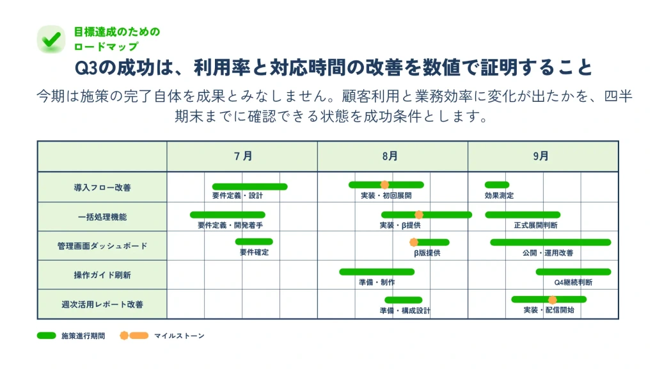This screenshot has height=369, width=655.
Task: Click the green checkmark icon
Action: (x=51, y=39)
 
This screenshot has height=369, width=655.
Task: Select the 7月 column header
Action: (x=242, y=156)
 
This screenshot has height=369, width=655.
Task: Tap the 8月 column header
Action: (x=390, y=156)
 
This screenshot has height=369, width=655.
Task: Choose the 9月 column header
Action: (x=541, y=156)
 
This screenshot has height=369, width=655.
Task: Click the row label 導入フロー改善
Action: (x=102, y=188)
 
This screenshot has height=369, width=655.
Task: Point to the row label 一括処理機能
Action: (x=102, y=217)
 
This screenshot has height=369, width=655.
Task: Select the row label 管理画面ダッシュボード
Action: (x=102, y=246)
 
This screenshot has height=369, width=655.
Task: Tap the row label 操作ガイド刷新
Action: (x=102, y=275)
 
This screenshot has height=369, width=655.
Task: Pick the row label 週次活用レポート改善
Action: (x=102, y=304)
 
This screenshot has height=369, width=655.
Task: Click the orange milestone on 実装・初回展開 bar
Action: (x=384, y=184)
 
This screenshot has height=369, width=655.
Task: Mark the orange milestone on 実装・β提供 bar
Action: (x=418, y=215)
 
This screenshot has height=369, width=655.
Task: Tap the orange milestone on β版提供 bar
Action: (x=414, y=242)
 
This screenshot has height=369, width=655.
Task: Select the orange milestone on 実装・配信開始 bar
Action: (x=552, y=300)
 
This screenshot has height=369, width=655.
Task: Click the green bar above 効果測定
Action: (x=496, y=184)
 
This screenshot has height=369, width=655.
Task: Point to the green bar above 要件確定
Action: (x=254, y=242)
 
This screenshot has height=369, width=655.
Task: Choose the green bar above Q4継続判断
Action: (x=573, y=272)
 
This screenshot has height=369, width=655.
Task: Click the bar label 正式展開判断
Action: (x=535, y=225)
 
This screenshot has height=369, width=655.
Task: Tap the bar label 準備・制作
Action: (x=377, y=283)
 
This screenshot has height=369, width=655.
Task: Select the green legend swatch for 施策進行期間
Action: (x=46, y=336)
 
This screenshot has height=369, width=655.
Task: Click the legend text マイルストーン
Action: (x=179, y=336)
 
